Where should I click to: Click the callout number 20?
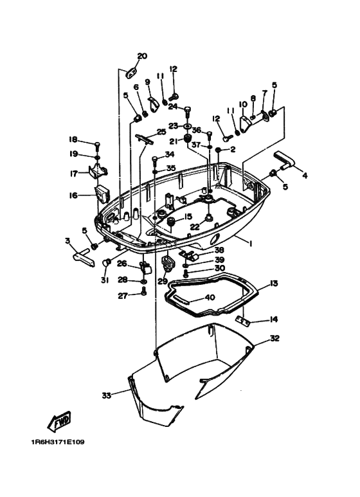[x=142, y=56]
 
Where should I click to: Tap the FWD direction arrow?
[x=60, y=422]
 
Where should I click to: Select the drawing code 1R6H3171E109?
[x=57, y=442]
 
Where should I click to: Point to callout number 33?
[x=106, y=394]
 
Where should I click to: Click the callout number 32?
[x=274, y=338]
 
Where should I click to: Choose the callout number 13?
[x=273, y=284]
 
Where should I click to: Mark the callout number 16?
[x=73, y=195]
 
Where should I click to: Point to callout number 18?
[x=73, y=140]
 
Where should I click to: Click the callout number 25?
[x=161, y=132]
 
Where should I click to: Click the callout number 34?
[x=169, y=154]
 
